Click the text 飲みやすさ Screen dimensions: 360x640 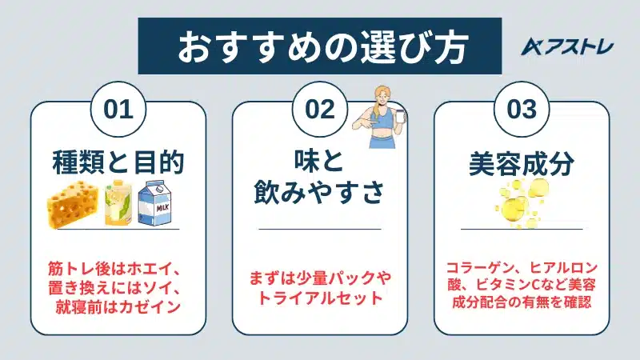click(x=320, y=194)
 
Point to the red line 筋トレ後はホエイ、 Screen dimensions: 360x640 click(x=118, y=267)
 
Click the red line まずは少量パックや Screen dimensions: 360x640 click(x=320, y=277)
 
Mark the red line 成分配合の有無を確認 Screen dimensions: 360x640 click(x=522, y=303)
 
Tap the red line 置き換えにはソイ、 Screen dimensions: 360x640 click(x=118, y=286)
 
